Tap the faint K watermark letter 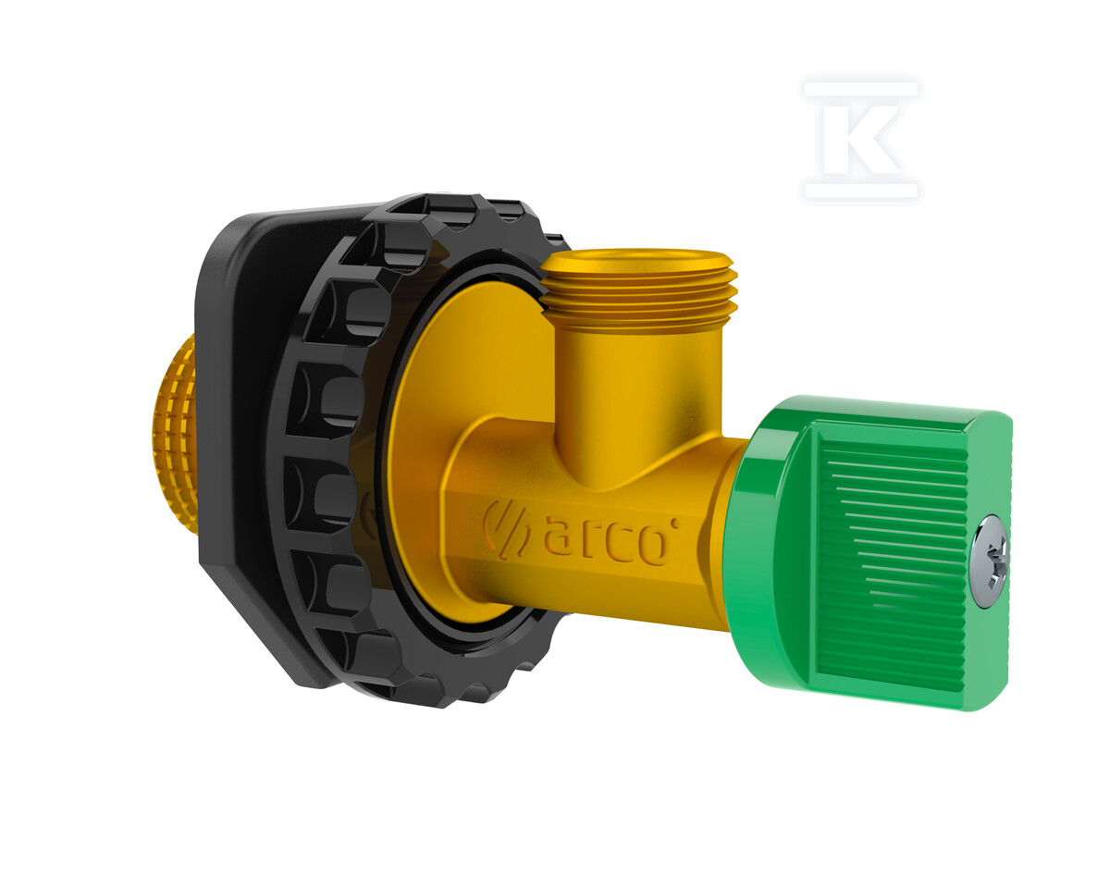pyautogui.click(x=860, y=141)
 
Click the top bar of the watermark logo pyautogui.click(x=861, y=90)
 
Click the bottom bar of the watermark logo pyautogui.click(x=861, y=191)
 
